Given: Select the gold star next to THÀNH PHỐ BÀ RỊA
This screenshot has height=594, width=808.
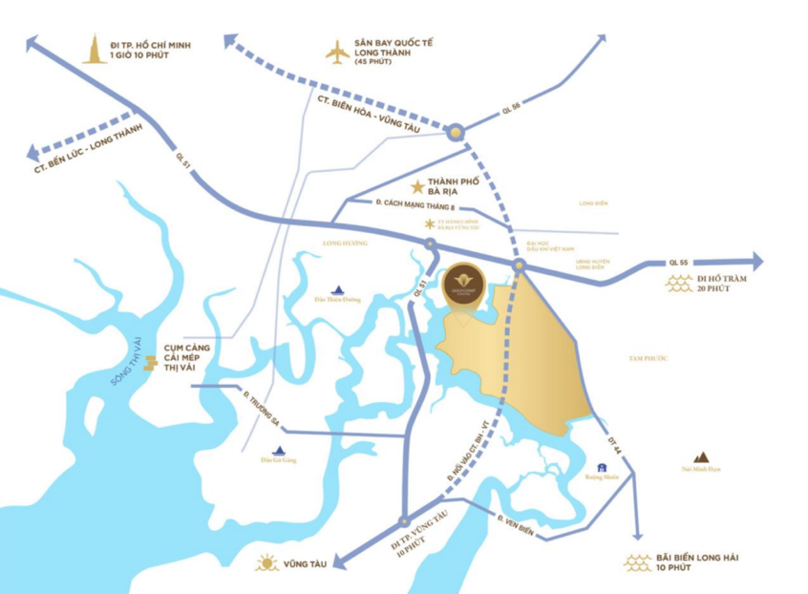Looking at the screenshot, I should tap(416, 188).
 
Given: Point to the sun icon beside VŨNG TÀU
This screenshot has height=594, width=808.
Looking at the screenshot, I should tap(266, 563).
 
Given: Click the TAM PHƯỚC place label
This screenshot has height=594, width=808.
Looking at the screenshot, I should tap(647, 357).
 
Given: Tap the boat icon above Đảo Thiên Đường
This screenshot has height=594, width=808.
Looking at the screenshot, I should tap(337, 290).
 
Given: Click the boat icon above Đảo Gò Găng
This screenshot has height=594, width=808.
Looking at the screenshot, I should tap(279, 451).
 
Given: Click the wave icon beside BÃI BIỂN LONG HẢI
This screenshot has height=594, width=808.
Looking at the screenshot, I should tap(637, 562).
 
